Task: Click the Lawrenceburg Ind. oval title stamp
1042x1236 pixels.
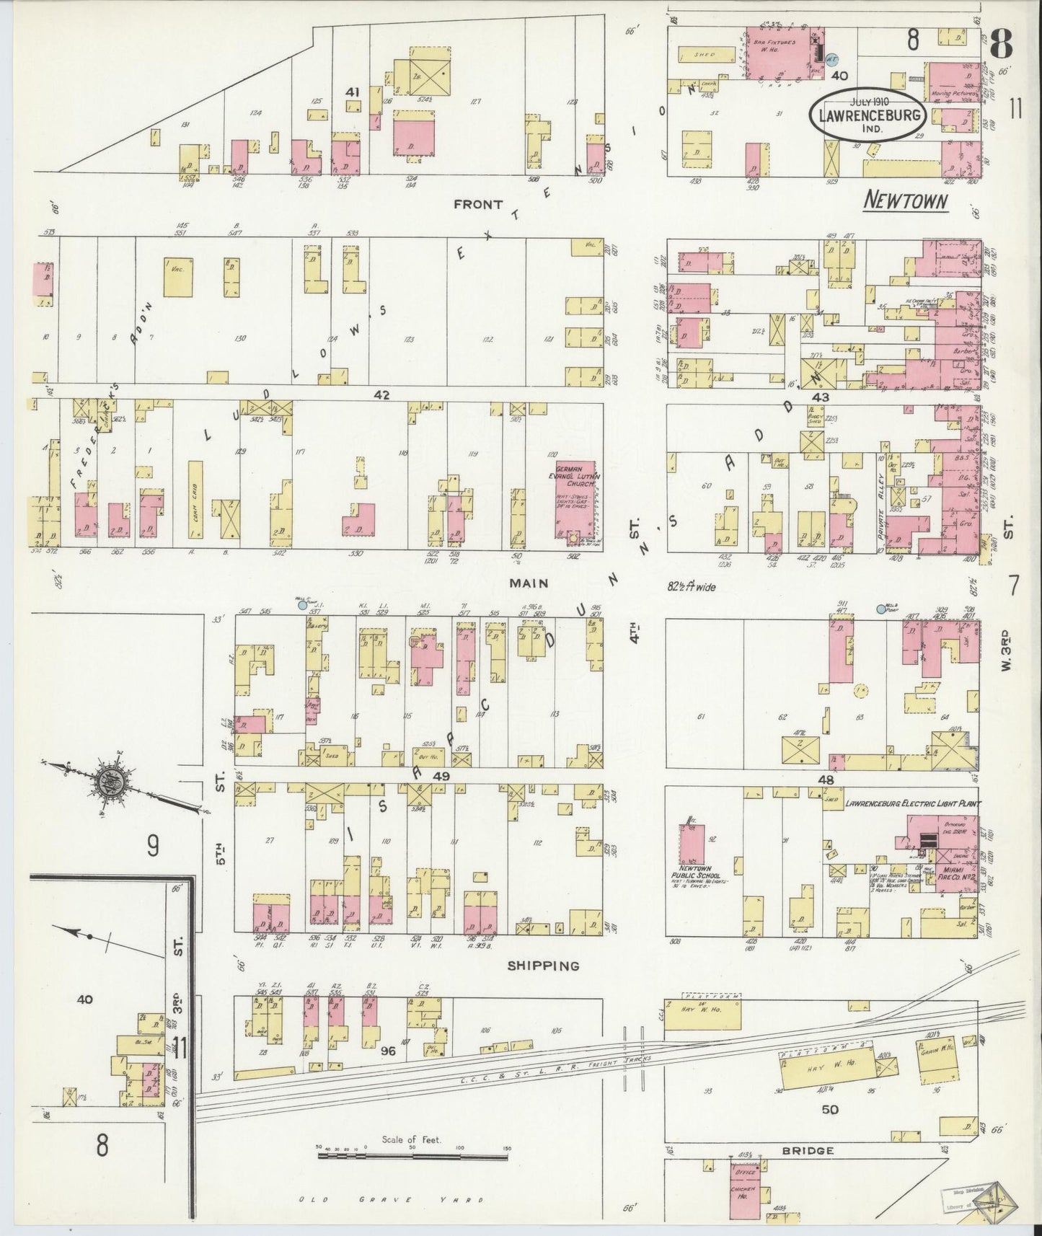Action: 867,115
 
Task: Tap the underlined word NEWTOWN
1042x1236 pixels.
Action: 905,200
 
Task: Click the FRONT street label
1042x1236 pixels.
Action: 477,204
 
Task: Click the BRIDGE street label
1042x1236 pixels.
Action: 807,1150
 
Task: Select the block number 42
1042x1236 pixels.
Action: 381,394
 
